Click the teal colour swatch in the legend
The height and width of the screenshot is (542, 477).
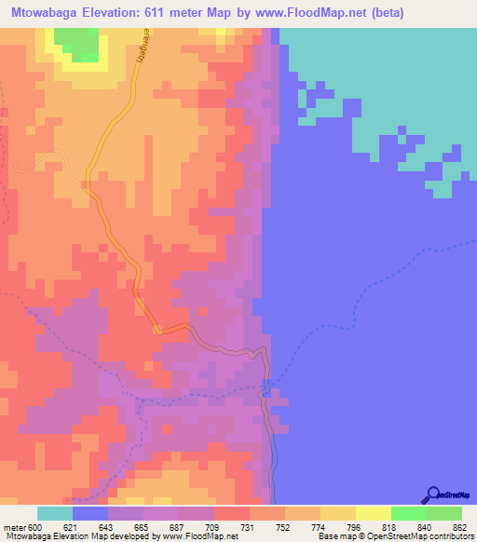[55, 514]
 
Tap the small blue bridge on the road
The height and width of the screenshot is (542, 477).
[267, 388]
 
